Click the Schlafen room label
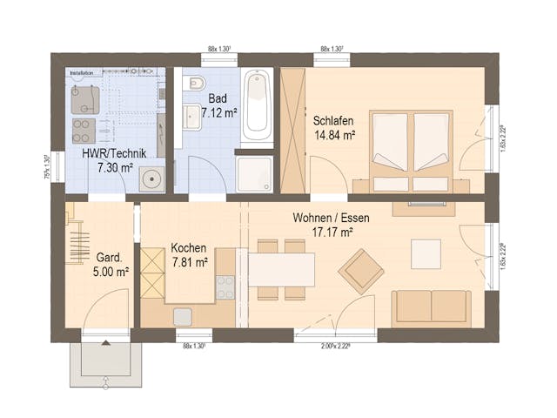click(334, 121)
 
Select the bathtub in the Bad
click(258, 109)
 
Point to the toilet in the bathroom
click(195, 84)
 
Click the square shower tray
click(255, 173)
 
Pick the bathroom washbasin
click(191, 116)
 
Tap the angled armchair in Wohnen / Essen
click(361, 271)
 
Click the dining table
click(282, 269)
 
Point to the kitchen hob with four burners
click(225, 287)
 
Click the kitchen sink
click(183, 316)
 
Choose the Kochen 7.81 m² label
click(189, 254)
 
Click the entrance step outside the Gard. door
click(105, 362)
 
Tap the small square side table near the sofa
click(426, 253)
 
